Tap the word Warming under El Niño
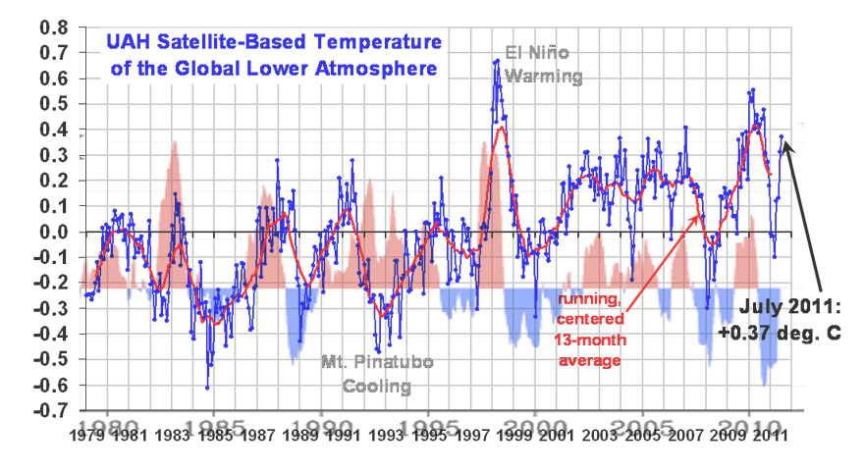point(544,76)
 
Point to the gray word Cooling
point(376,386)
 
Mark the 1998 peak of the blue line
point(498,61)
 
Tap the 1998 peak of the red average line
point(501,127)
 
